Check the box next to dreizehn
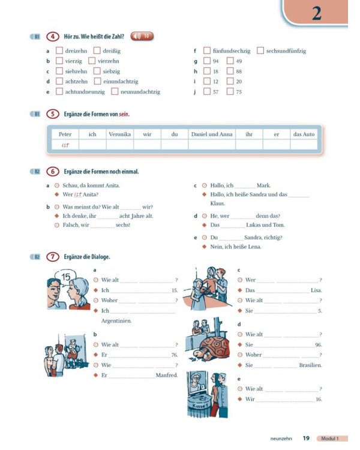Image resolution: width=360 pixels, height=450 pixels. tap(59, 51)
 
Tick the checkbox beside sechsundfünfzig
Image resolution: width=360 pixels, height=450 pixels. tap(260, 51)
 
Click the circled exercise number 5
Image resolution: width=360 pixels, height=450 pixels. tap(53, 114)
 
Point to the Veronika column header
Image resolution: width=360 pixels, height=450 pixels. tap(119, 134)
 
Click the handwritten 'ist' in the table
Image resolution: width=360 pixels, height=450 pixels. tap(65, 145)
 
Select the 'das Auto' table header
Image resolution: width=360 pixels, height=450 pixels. tap(304, 134)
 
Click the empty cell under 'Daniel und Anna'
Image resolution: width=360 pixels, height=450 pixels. tap(211, 145)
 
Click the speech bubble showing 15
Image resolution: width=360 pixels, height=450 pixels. tap(67, 277)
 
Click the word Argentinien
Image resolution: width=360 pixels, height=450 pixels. tap(116, 321)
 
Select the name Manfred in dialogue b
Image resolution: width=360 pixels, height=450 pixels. tap(167, 376)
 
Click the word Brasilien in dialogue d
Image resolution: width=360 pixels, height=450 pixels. tap(310, 365)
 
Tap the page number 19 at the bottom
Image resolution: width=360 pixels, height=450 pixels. tap(306, 439)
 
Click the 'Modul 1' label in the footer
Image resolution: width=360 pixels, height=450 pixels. tap(333, 439)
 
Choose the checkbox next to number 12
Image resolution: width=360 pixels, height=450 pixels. tap(207, 82)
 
